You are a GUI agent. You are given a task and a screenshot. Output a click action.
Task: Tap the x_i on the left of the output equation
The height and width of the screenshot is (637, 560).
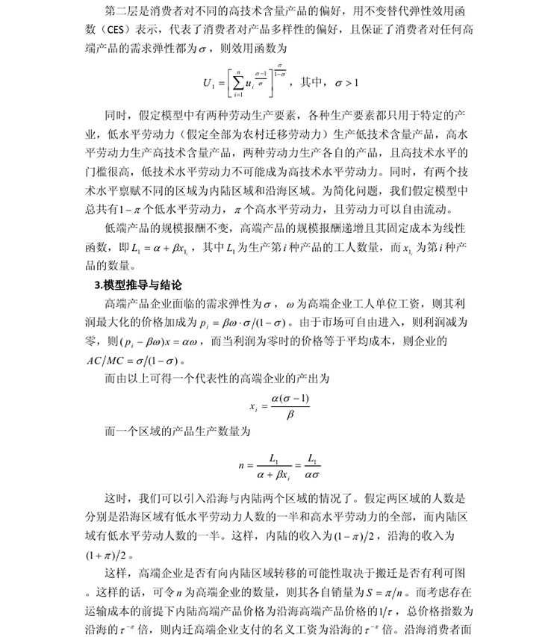tap(252, 408)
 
